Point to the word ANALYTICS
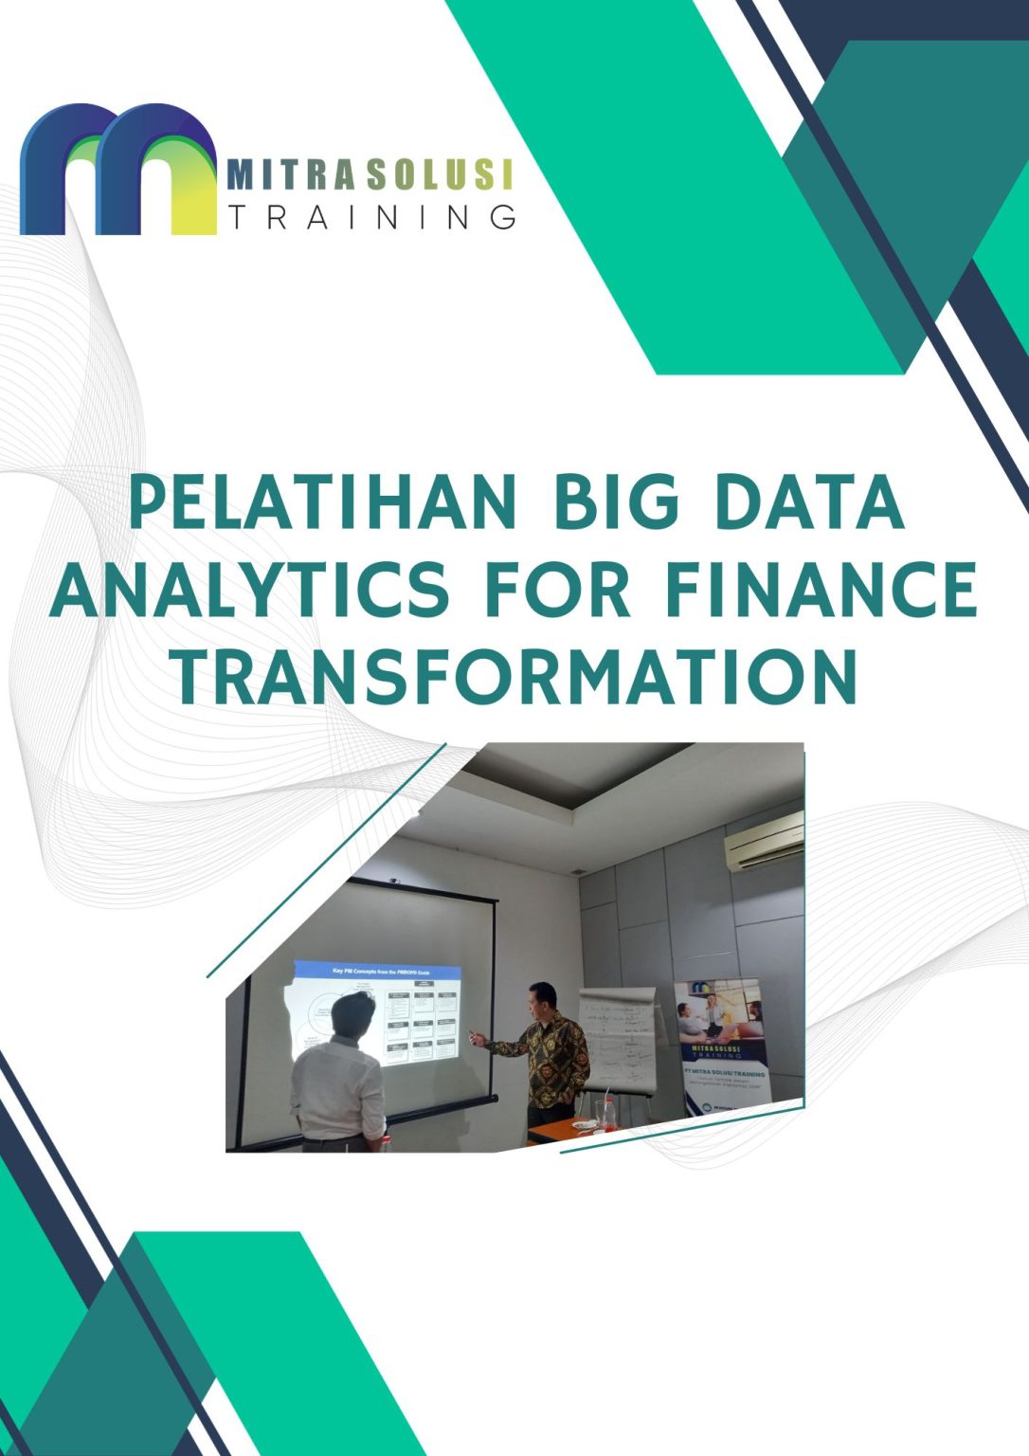tap(249, 590)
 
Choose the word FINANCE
tap(821, 590)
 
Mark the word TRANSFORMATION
tap(514, 677)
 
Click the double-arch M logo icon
tap(118, 171)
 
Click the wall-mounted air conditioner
tap(764, 840)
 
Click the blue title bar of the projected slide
tap(377, 972)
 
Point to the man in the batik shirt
tap(548, 1052)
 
